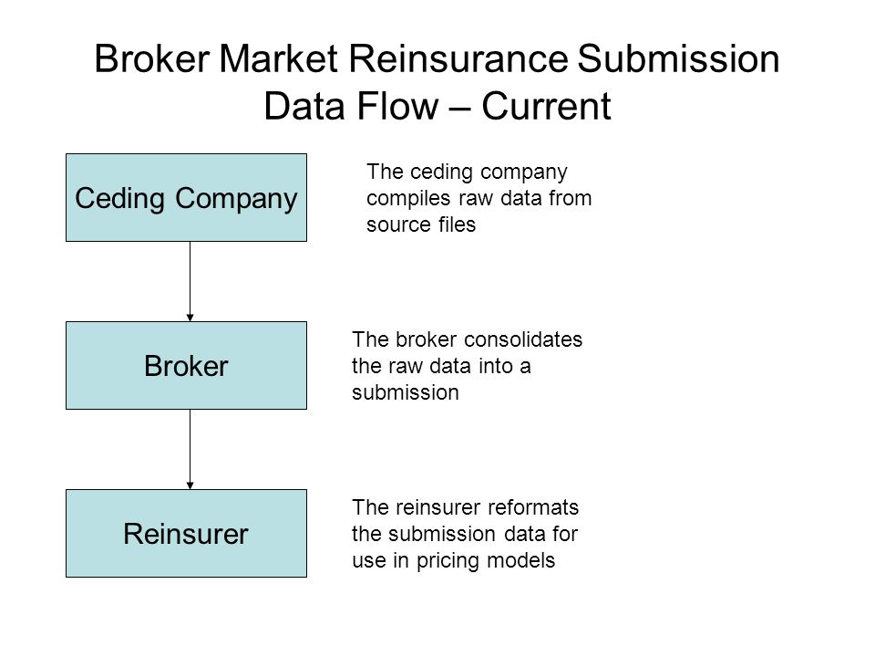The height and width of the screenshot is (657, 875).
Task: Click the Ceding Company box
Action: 186,198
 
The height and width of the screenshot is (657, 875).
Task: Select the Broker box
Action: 186,365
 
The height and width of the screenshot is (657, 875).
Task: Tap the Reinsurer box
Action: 186,534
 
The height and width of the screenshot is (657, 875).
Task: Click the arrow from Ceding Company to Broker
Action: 190,282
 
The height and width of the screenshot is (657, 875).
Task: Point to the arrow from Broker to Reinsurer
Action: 190,450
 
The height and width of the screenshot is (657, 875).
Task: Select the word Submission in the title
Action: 678,58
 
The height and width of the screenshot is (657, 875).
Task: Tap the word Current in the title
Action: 546,106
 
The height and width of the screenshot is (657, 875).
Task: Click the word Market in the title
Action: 279,58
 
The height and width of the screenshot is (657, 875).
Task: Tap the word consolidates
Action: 523,339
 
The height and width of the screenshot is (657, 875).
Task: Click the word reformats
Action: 533,508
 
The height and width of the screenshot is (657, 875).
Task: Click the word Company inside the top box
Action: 237,200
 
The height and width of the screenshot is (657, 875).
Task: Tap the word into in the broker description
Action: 496,367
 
